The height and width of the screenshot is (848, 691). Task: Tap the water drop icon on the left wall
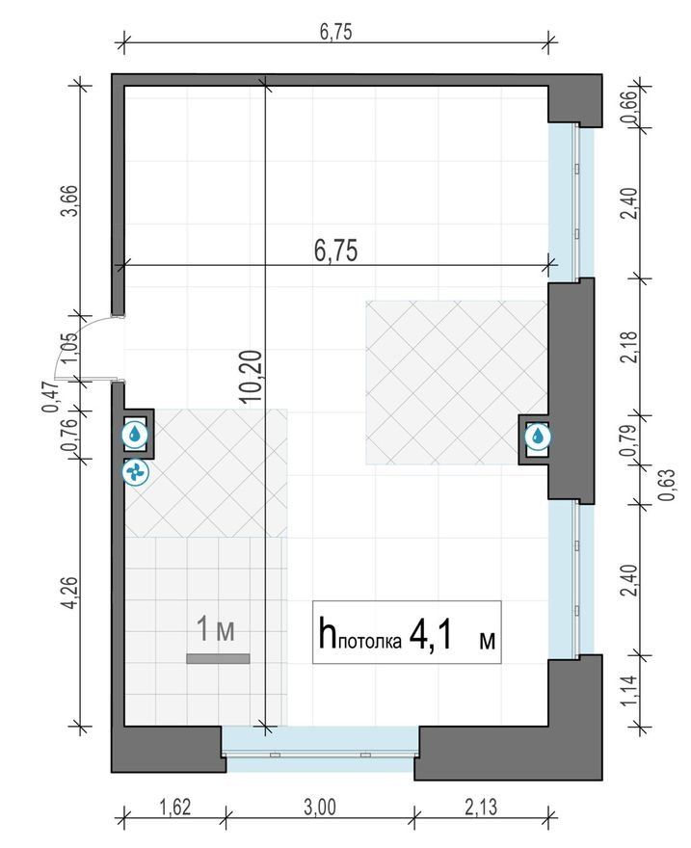[x=135, y=434]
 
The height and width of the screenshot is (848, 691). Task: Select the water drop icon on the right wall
[x=538, y=436]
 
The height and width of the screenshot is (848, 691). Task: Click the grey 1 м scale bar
[x=218, y=658]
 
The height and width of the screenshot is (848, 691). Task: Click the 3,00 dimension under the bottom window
[x=320, y=808]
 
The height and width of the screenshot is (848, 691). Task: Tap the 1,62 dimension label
[x=175, y=808]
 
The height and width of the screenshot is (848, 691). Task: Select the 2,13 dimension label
[x=481, y=808]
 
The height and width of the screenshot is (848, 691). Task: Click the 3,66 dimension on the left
[x=69, y=200]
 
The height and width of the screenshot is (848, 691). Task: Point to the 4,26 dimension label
[x=69, y=593]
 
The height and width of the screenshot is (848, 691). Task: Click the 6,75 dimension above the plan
[x=335, y=32]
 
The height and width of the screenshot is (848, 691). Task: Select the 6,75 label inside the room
[x=335, y=251]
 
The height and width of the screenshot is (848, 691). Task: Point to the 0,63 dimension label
[x=667, y=485]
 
